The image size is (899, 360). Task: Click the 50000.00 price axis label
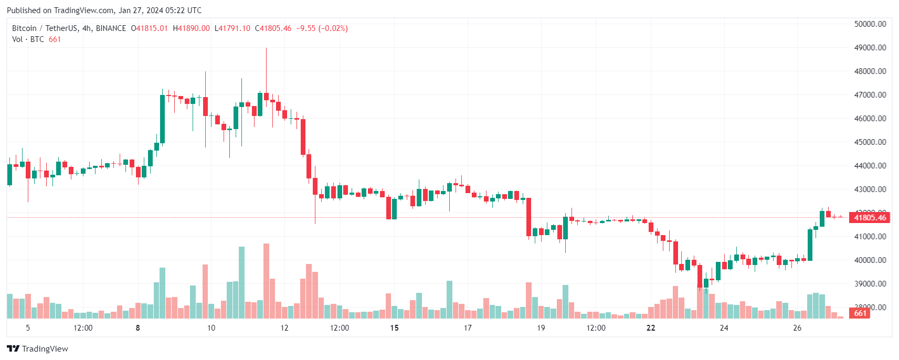pos(870,24)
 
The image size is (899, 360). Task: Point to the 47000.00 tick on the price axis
pos(870,95)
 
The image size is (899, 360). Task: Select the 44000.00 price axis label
pos(870,166)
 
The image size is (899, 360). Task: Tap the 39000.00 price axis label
pos(870,284)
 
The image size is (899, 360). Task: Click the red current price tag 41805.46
pos(870,218)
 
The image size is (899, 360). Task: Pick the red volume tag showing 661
pos(860,313)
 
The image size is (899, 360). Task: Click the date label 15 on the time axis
pos(394,328)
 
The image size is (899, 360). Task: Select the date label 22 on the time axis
pos(651,328)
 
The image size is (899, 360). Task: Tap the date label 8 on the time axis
pos(138,328)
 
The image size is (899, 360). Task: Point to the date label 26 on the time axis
pos(797,328)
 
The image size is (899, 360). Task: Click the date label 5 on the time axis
pos(28,328)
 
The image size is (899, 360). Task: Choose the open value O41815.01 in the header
pos(150,28)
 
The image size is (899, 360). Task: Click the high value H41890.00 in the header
pos(192,28)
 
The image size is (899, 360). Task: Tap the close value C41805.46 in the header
pos(273,28)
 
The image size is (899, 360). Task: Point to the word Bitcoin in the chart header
pos(24,28)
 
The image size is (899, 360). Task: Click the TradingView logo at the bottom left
pos(37,349)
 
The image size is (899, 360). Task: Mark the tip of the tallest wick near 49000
pos(266,48)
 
